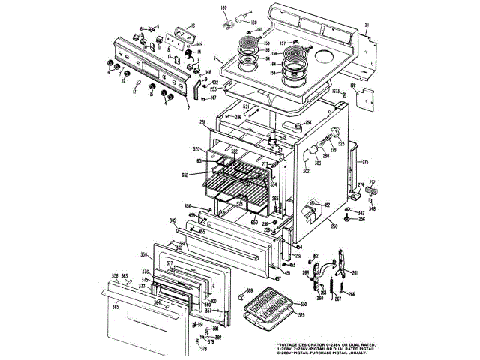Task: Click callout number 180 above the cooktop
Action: click(223, 7)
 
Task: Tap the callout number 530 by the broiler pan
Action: click(304, 304)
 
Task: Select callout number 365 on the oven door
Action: click(115, 307)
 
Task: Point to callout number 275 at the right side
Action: click(366, 163)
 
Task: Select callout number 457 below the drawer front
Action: click(278, 279)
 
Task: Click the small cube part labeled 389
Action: click(241, 297)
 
